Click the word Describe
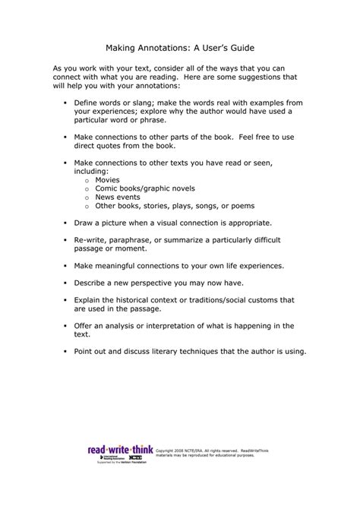(93, 282)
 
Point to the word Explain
(90, 299)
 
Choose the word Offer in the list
(85, 324)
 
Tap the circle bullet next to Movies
(87, 182)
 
